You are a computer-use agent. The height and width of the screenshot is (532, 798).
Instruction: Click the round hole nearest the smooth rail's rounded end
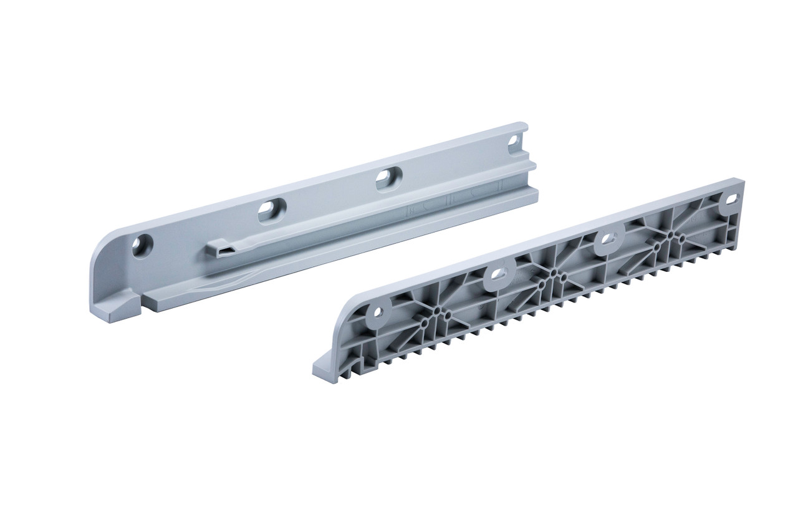point(142,245)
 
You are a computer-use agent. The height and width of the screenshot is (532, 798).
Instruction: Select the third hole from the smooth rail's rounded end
point(388,179)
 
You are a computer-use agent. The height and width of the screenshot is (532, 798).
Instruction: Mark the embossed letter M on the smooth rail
point(412,211)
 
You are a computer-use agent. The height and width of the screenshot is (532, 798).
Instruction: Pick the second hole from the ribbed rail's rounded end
point(498,275)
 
